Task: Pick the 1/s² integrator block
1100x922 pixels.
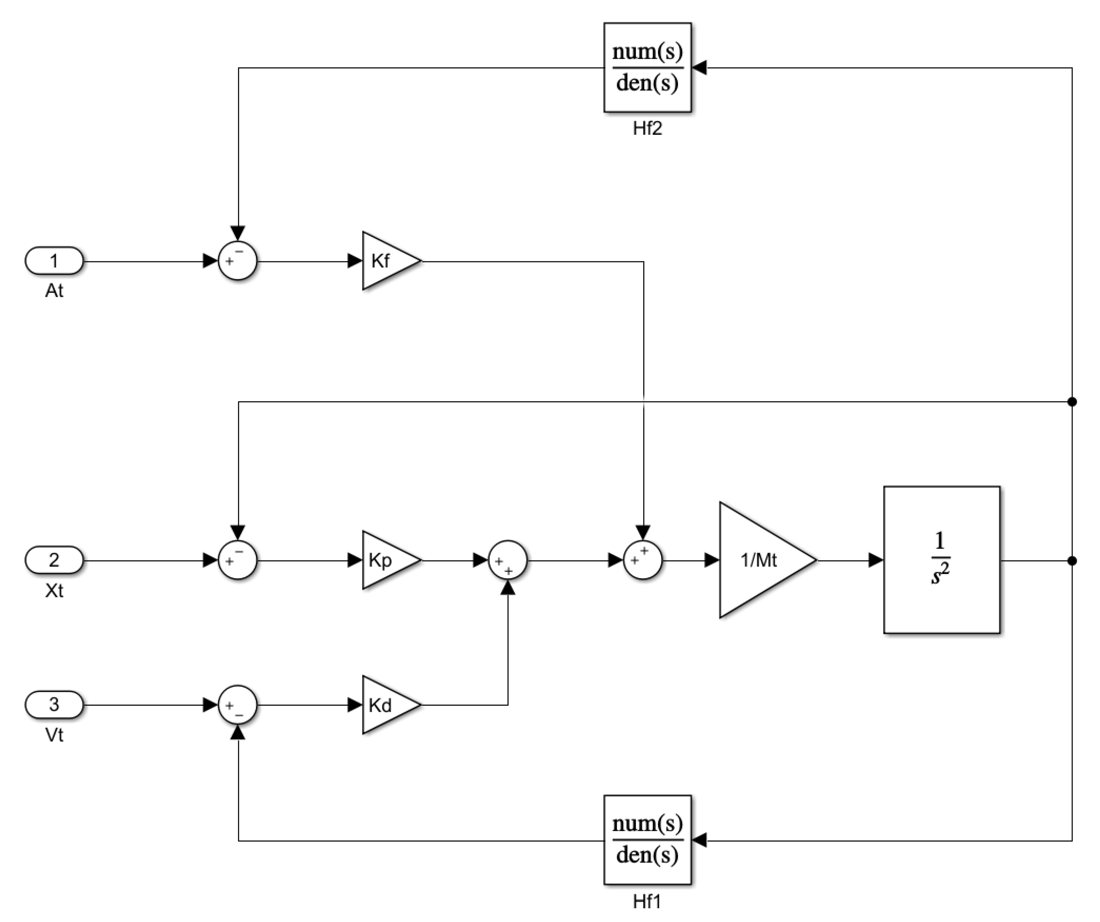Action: pyautogui.click(x=941, y=560)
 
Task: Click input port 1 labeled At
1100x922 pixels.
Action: pyautogui.click(x=54, y=261)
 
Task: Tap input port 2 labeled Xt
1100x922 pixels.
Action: pyautogui.click(x=54, y=560)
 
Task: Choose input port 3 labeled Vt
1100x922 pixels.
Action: pyautogui.click(x=54, y=705)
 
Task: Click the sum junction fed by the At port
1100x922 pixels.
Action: pyautogui.click(x=238, y=261)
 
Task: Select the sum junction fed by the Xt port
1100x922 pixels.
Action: pyautogui.click(x=238, y=560)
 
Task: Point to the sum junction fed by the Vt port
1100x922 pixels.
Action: pyautogui.click(x=238, y=705)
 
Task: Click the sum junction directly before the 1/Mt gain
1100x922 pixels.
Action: pyautogui.click(x=643, y=560)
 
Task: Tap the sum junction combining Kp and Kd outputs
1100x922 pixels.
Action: pyautogui.click(x=508, y=560)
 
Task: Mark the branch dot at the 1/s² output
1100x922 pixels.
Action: pyautogui.click(x=1072, y=560)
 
